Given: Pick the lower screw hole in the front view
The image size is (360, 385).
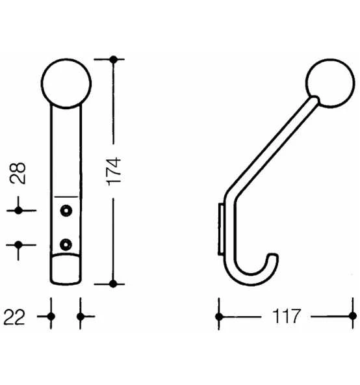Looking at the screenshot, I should point(66,244).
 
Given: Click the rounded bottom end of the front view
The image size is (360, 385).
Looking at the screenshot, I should point(66,274).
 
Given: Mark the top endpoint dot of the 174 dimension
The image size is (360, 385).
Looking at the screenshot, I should point(114,59).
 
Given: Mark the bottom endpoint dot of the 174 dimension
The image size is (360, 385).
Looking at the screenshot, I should point(114,284).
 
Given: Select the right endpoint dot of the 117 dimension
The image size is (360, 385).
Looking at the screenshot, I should point(352,317).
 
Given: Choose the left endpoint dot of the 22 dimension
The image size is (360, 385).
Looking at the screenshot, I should point(51,317).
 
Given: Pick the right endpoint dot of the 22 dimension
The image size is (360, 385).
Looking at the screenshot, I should point(80,317).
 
